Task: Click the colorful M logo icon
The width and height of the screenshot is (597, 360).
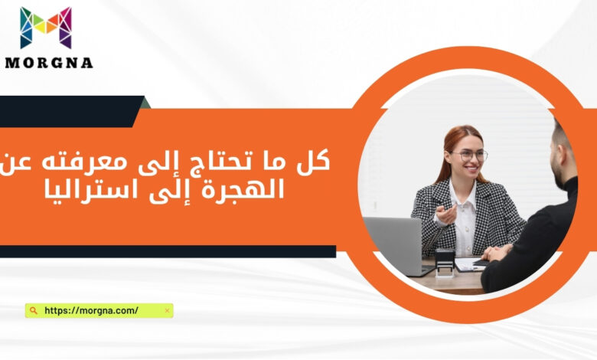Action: coord(46,28)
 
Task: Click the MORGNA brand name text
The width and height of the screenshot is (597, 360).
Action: coord(49,63)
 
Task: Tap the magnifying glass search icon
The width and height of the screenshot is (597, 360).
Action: coord(34,310)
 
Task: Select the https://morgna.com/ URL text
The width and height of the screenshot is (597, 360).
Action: coord(91,310)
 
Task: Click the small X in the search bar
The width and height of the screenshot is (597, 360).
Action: coord(167,310)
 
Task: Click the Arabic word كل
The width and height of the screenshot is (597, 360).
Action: coord(313,162)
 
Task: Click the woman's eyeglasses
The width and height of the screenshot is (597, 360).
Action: coord(470,155)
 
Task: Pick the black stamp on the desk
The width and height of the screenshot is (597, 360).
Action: coord(445,262)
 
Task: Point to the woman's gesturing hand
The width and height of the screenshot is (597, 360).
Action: coord(446,214)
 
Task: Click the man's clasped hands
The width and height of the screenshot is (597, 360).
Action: coord(497,252)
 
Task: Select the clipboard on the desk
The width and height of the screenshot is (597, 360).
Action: coord(471,264)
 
